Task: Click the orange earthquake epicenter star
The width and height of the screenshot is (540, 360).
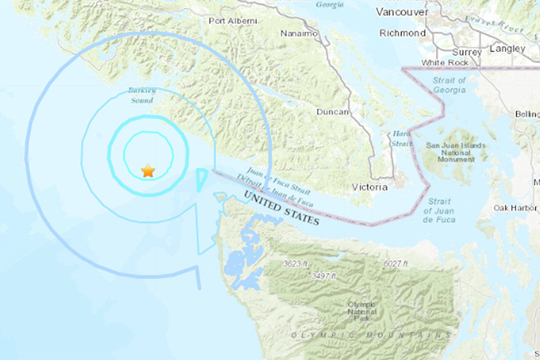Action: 148,170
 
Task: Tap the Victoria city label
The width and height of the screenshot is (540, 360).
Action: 370,187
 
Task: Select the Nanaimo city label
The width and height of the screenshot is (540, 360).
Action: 299,34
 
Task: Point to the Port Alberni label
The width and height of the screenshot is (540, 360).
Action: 233,21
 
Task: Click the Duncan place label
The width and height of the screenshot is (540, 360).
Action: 333,112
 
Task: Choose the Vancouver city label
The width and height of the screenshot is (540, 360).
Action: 402,12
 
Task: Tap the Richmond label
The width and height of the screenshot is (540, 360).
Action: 402,33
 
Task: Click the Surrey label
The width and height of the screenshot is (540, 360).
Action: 467,52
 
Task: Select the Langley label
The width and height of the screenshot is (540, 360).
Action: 507,49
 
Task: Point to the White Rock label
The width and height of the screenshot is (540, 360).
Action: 445,63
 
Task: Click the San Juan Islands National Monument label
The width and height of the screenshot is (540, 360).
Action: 455,152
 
